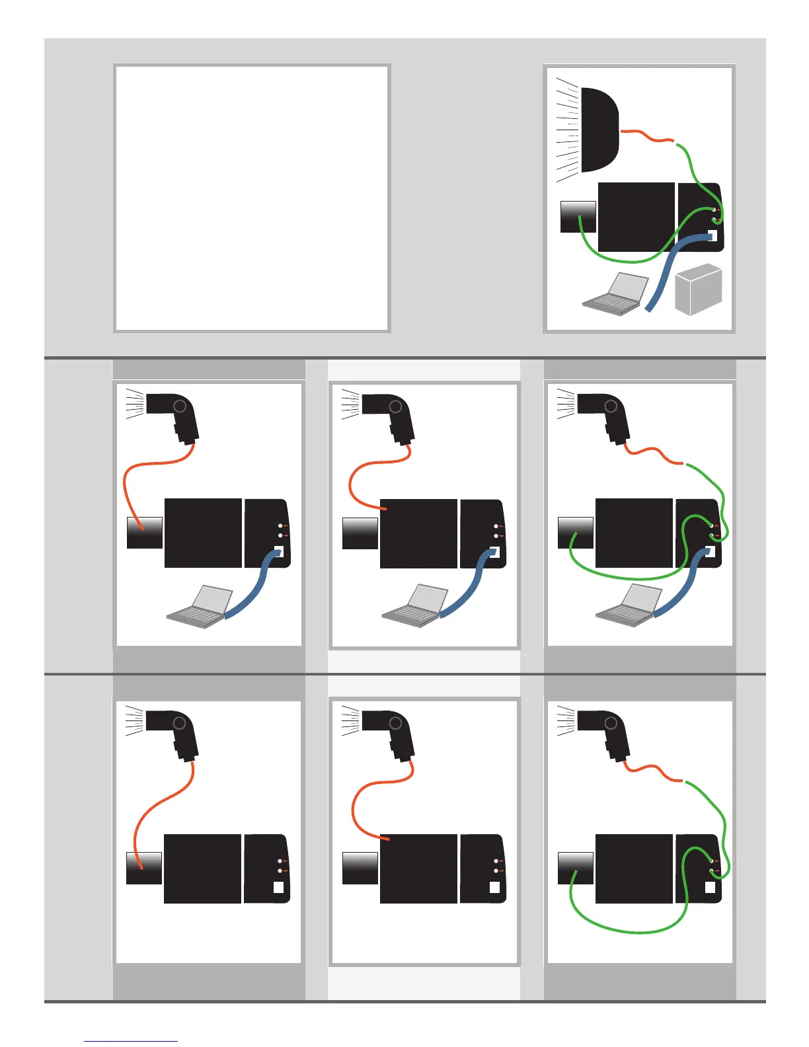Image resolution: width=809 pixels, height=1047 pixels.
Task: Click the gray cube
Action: coord(699,289)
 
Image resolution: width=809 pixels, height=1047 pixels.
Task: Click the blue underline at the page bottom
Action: coord(131,1041)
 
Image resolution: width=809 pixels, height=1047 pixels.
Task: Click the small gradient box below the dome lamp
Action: coord(578,217)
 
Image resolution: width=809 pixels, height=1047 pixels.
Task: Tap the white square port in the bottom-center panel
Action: coord(494,888)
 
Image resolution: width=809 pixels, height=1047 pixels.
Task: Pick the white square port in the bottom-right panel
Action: coord(710,888)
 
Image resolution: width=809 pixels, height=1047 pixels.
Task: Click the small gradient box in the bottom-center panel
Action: coord(360,868)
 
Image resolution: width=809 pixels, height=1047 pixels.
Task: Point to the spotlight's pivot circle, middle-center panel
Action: coord(395,407)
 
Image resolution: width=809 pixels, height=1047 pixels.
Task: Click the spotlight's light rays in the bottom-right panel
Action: coord(566,721)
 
